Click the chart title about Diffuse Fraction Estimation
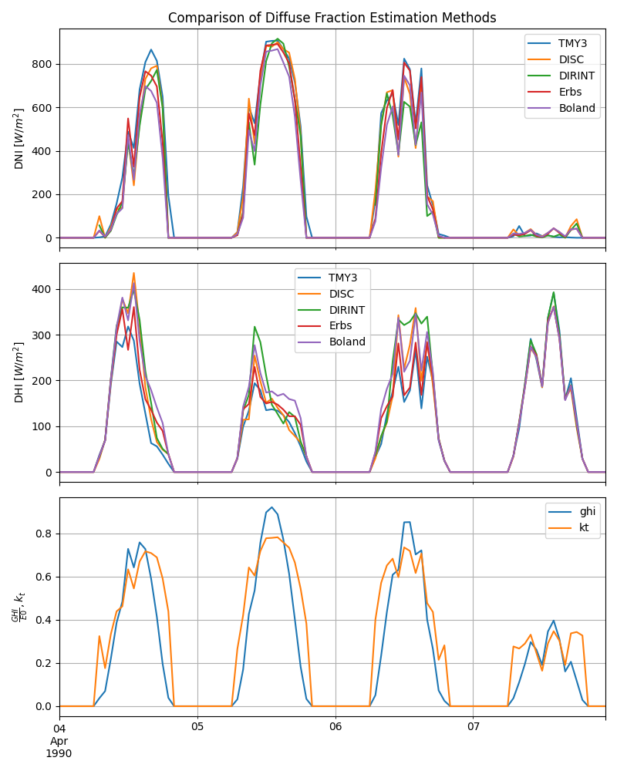coord(332,18)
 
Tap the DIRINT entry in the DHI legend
coord(347,310)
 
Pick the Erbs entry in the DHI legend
coord(342,325)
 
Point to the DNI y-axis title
coord(20,139)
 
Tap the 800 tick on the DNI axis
coord(42,64)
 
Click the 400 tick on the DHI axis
coord(42,289)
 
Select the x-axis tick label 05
coord(197,727)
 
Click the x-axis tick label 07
coord(473,727)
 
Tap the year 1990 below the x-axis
coord(59,753)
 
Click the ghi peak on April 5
coord(271,507)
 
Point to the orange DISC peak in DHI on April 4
coord(133,273)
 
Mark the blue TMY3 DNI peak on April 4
coord(151,49)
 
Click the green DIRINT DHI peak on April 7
coord(553,292)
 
